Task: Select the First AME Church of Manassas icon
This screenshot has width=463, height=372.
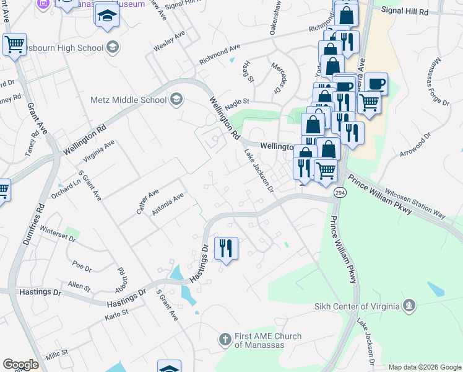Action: click(225, 340)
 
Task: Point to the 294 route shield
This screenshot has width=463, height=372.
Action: click(340, 193)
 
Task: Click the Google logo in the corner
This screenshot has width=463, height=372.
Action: click(20, 365)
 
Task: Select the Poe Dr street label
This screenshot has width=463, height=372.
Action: click(82, 265)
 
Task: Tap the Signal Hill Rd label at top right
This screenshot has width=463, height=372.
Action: click(405, 11)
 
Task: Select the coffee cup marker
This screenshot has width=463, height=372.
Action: click(375, 84)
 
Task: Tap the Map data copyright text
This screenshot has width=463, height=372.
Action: click(424, 367)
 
